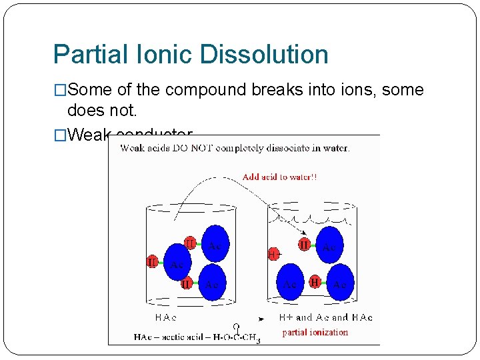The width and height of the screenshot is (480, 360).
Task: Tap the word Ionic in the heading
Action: coord(159,55)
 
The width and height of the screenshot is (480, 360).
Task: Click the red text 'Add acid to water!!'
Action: coord(279,177)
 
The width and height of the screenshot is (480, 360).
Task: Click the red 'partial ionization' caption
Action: coord(315,332)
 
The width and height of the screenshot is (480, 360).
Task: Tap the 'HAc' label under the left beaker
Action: coord(166,317)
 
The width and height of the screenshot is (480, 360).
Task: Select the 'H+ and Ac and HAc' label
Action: coord(325,317)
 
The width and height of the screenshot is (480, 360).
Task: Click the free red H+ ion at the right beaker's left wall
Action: coord(273,254)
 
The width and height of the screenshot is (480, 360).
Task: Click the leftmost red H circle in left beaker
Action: coord(153,262)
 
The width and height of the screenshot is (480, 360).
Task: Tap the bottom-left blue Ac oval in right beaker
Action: coord(290,282)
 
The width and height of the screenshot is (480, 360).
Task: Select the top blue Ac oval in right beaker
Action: coord(328,245)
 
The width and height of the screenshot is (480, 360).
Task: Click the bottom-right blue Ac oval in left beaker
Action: coord(213,283)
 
